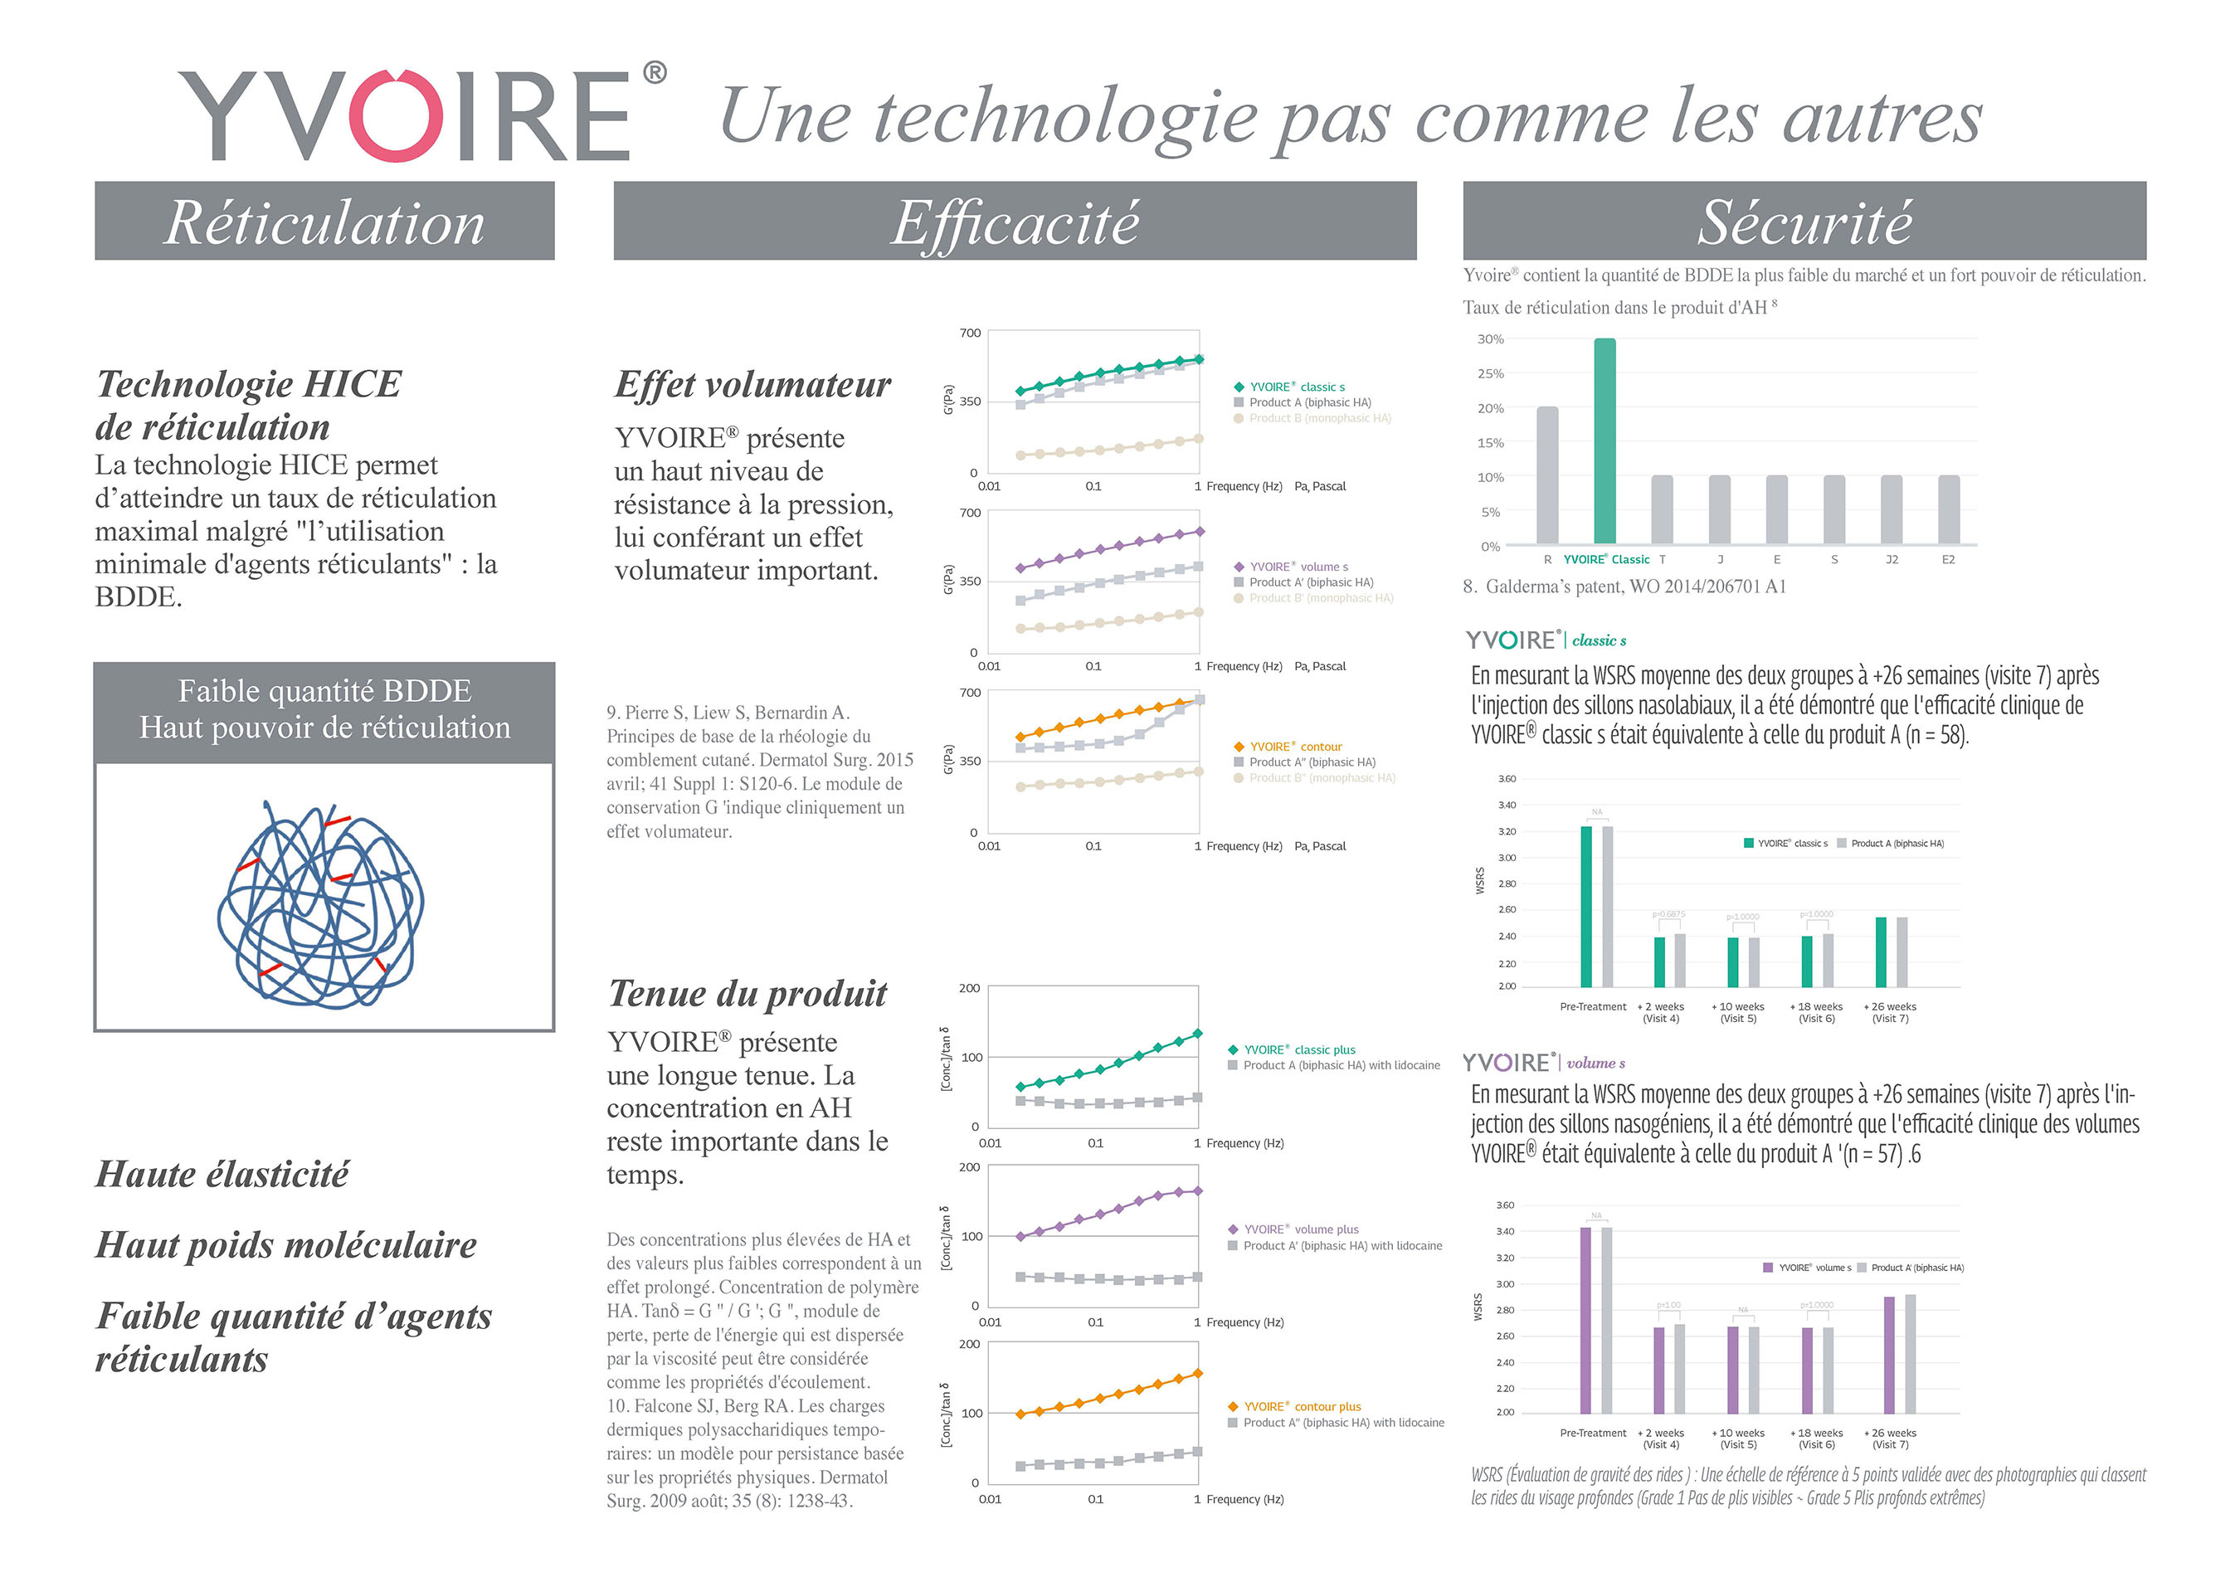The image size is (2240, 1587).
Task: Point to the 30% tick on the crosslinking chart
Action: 1489,339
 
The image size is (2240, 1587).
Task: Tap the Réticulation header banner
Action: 324,221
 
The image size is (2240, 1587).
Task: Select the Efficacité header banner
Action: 1015,221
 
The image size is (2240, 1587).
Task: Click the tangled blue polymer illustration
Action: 320,904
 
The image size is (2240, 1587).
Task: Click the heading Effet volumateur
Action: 752,385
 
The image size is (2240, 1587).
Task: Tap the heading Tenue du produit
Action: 747,994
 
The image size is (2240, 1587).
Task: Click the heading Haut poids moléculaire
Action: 285,1245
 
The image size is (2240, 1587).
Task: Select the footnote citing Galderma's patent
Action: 1624,587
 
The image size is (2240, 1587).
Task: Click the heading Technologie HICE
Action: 248,384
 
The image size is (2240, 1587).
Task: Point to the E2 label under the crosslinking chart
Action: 1948,560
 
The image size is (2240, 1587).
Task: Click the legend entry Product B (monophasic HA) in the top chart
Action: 1318,418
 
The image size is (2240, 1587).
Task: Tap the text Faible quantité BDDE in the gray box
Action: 324,691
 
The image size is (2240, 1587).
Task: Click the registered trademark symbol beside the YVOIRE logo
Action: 655,73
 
